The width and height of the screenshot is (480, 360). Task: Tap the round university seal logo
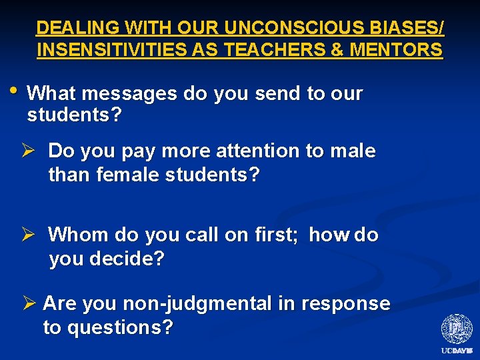(457, 329)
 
